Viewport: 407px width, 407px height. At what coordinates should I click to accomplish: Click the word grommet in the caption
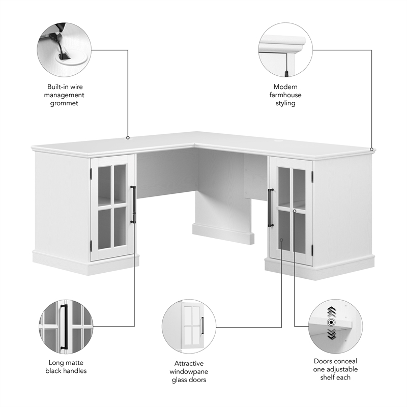64,103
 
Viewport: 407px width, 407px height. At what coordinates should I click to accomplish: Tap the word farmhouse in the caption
285,95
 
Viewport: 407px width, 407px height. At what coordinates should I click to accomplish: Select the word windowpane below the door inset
189,372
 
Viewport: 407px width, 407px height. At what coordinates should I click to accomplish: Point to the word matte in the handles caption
75,363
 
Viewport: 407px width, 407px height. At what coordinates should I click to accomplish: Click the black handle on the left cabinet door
133,205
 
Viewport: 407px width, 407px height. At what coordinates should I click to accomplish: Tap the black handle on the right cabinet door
271,208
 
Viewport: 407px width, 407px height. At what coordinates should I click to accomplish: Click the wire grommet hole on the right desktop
279,141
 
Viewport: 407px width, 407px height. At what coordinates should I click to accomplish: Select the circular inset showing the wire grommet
64,49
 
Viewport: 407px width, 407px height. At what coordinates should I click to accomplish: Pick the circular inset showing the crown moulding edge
285,49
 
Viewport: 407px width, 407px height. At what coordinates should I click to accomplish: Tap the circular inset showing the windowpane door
189,327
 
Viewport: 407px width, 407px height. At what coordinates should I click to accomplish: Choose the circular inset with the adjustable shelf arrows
336,327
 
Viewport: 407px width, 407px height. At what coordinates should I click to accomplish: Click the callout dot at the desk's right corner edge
371,149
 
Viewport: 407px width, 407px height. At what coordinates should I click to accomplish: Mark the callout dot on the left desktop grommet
128,138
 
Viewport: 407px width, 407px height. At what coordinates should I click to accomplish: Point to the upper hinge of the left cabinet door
91,173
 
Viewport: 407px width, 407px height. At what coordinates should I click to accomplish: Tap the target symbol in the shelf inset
331,323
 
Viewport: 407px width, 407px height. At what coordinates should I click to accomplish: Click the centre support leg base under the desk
223,234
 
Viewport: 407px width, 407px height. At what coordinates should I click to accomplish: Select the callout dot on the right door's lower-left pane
281,240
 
